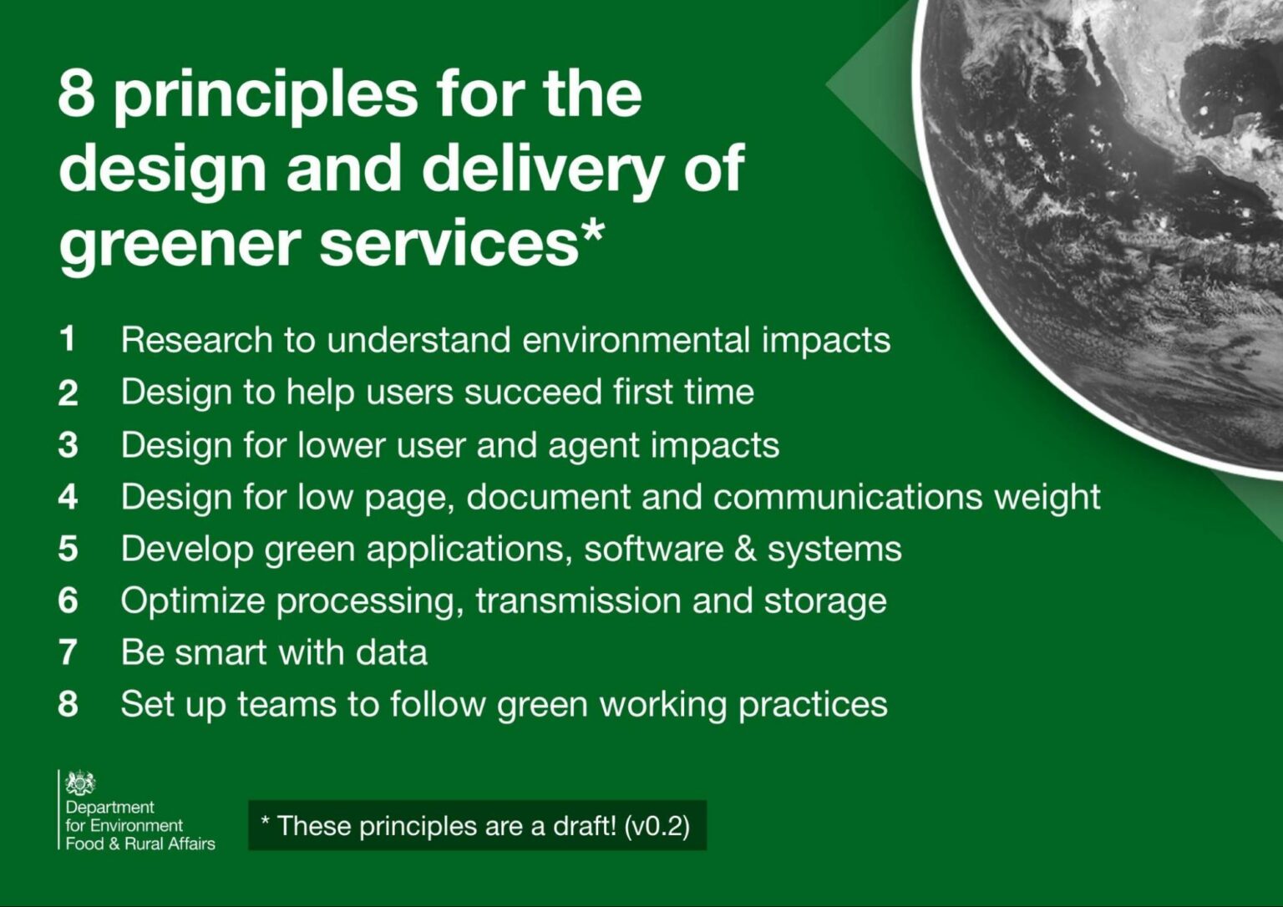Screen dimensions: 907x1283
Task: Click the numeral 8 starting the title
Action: (76, 93)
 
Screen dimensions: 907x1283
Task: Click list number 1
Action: (67, 339)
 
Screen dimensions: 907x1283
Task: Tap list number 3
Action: (68, 445)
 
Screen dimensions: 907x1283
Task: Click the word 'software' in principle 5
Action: (653, 549)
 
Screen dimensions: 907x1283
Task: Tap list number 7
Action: (68, 652)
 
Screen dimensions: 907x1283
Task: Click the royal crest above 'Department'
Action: (80, 783)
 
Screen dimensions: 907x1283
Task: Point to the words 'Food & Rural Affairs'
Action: (139, 844)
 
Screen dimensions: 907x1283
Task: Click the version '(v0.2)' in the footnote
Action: (657, 826)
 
